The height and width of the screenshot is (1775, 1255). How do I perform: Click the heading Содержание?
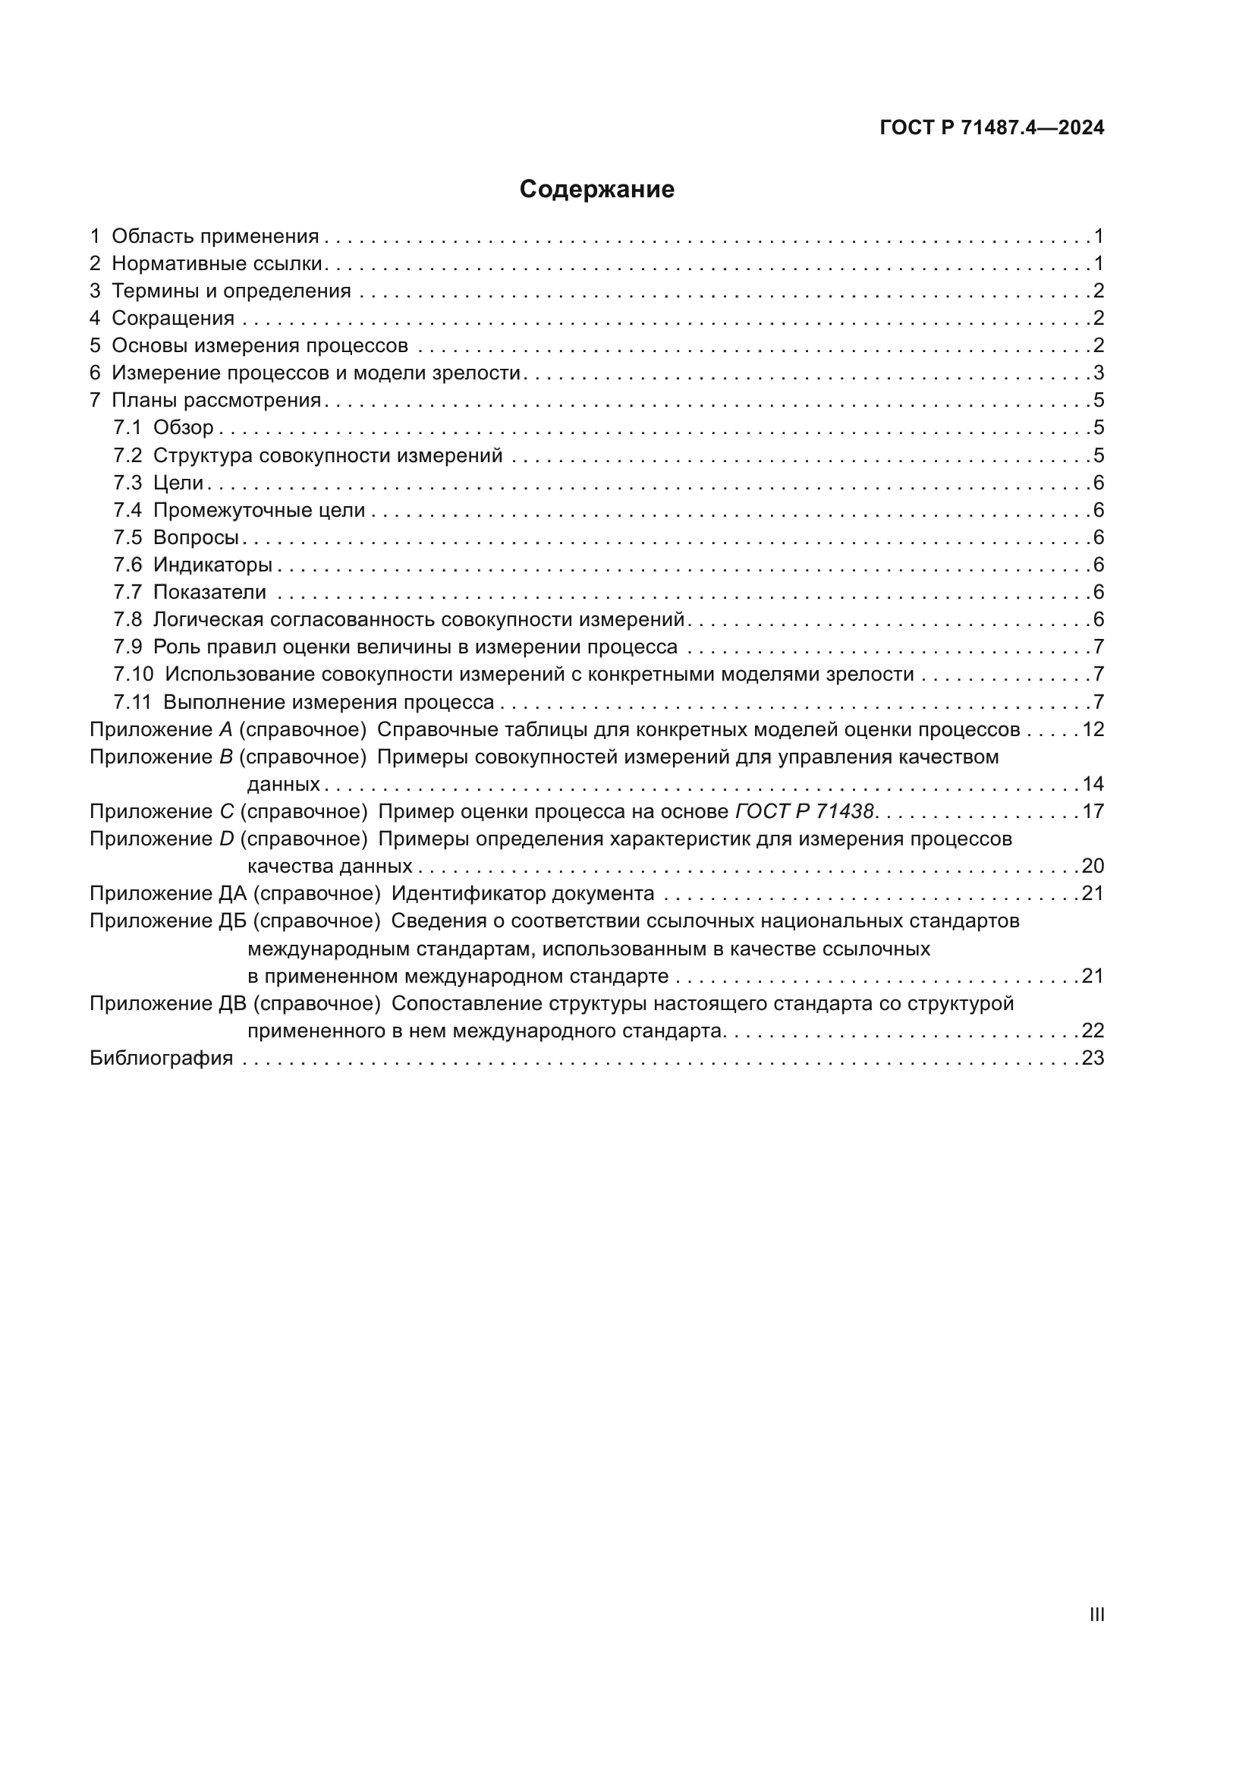pos(596,190)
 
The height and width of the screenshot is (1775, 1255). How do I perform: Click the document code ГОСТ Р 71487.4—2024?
pos(992,128)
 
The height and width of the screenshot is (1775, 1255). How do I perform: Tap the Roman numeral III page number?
pos(1096,1614)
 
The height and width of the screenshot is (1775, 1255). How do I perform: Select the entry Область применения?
pos(215,237)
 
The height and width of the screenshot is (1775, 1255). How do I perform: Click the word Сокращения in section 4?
pos(173,319)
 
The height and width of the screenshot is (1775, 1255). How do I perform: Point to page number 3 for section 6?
pos(1098,373)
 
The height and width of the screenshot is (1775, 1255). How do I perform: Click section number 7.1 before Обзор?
pos(127,427)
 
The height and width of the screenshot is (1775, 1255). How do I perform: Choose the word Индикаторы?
pos(212,565)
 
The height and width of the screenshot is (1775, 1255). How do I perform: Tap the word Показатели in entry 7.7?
pos(209,592)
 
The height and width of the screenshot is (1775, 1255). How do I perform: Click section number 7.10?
pos(133,675)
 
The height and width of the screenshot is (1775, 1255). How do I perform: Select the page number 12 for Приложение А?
pos(1093,730)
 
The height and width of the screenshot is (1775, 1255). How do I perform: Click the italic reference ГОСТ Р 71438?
pos(804,812)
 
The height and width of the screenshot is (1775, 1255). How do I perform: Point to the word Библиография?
pos(162,1059)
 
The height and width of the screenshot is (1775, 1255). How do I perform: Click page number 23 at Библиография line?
pos(1093,1059)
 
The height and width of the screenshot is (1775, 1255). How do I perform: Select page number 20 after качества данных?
pos(1093,866)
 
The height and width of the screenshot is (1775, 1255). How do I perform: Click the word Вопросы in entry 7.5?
pos(196,537)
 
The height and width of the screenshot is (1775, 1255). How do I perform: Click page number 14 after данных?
pos(1093,785)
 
